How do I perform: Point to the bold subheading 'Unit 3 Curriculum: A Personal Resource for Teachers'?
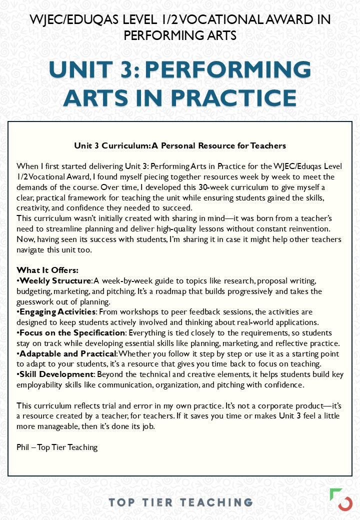[x=180, y=146]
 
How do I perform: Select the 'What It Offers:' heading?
[x=47, y=270]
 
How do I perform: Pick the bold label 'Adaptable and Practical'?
[x=67, y=353]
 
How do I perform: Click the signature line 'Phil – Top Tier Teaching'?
[x=57, y=447]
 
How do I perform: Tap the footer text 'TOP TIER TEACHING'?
[x=180, y=502]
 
